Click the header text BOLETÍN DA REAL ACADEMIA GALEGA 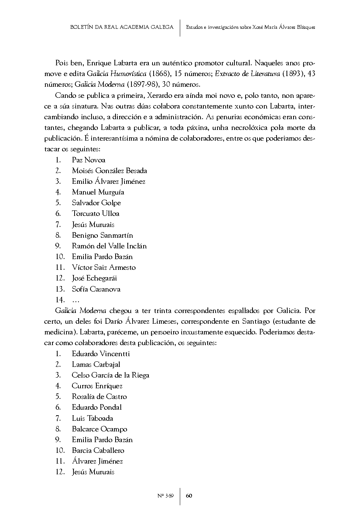(121, 27)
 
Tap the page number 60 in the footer (189, 496)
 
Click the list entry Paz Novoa (89, 160)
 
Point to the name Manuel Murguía (98, 192)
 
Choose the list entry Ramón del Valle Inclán (109, 246)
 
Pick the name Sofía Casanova (96, 289)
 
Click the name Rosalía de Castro (99, 396)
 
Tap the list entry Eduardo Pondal (97, 407)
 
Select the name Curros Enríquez (97, 386)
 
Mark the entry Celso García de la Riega (110, 375)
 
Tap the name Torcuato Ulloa (96, 213)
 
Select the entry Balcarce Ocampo (99, 429)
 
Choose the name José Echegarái (94, 278)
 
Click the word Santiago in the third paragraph (249, 321)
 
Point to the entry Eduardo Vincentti (101, 354)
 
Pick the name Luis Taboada (92, 418)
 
